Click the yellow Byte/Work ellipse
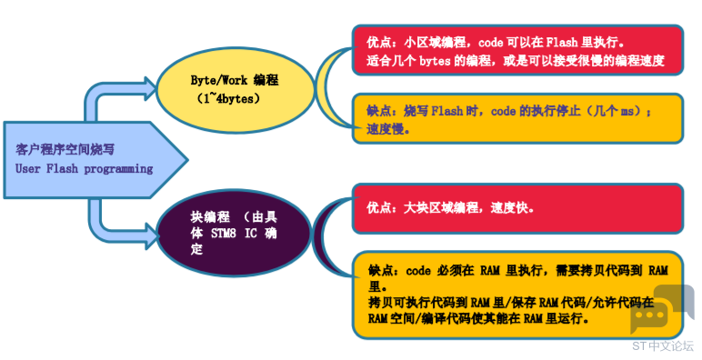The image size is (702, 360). click(x=235, y=90)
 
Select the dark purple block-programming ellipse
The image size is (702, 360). click(x=234, y=233)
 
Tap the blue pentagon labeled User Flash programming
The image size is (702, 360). click(x=95, y=159)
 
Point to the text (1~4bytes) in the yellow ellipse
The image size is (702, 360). click(x=228, y=98)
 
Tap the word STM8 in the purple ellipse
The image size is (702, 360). click(x=223, y=234)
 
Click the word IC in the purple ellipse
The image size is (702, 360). click(x=251, y=234)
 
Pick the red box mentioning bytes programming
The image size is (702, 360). click(x=517, y=50)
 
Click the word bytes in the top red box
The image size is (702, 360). click(x=435, y=60)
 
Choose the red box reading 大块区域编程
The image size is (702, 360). click(x=517, y=208)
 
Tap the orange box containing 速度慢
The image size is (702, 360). click(x=517, y=119)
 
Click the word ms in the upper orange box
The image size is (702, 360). click(x=627, y=112)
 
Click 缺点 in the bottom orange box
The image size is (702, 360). click(x=381, y=270)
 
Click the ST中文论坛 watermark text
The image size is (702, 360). click(x=663, y=345)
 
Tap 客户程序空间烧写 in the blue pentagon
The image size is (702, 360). click(x=65, y=150)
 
